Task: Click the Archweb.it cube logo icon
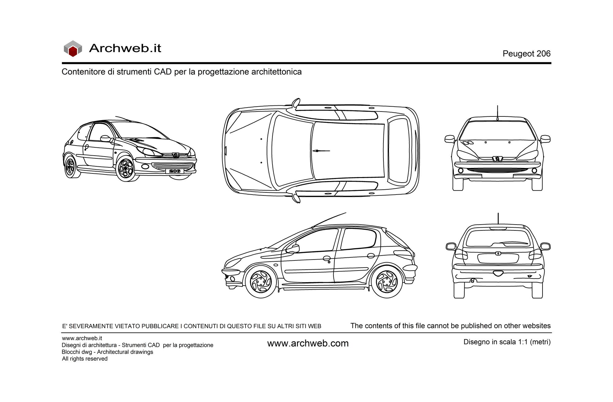click(73, 48)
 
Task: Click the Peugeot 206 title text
click(526, 54)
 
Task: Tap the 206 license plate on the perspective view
click(174, 171)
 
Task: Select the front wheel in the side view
click(261, 282)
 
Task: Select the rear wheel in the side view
click(386, 281)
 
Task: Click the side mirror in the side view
click(293, 248)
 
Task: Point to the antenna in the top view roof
click(321, 151)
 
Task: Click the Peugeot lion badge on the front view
click(497, 159)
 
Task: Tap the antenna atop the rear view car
click(498, 218)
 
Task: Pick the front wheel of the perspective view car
click(126, 169)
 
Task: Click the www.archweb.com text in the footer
click(308, 343)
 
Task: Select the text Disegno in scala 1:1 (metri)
click(507, 342)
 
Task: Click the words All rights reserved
click(85, 359)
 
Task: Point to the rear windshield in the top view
click(398, 151)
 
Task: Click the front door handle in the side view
click(327, 258)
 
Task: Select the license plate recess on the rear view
click(498, 258)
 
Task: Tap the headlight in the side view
click(234, 262)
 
